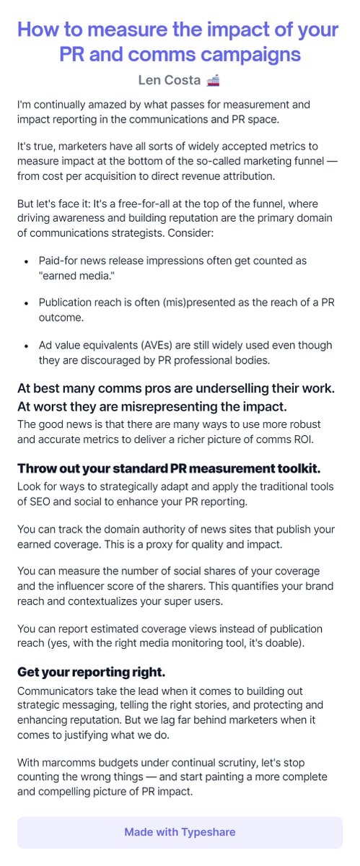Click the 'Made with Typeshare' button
point(180,832)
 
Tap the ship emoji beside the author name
point(213,80)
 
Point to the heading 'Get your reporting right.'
point(92,672)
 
